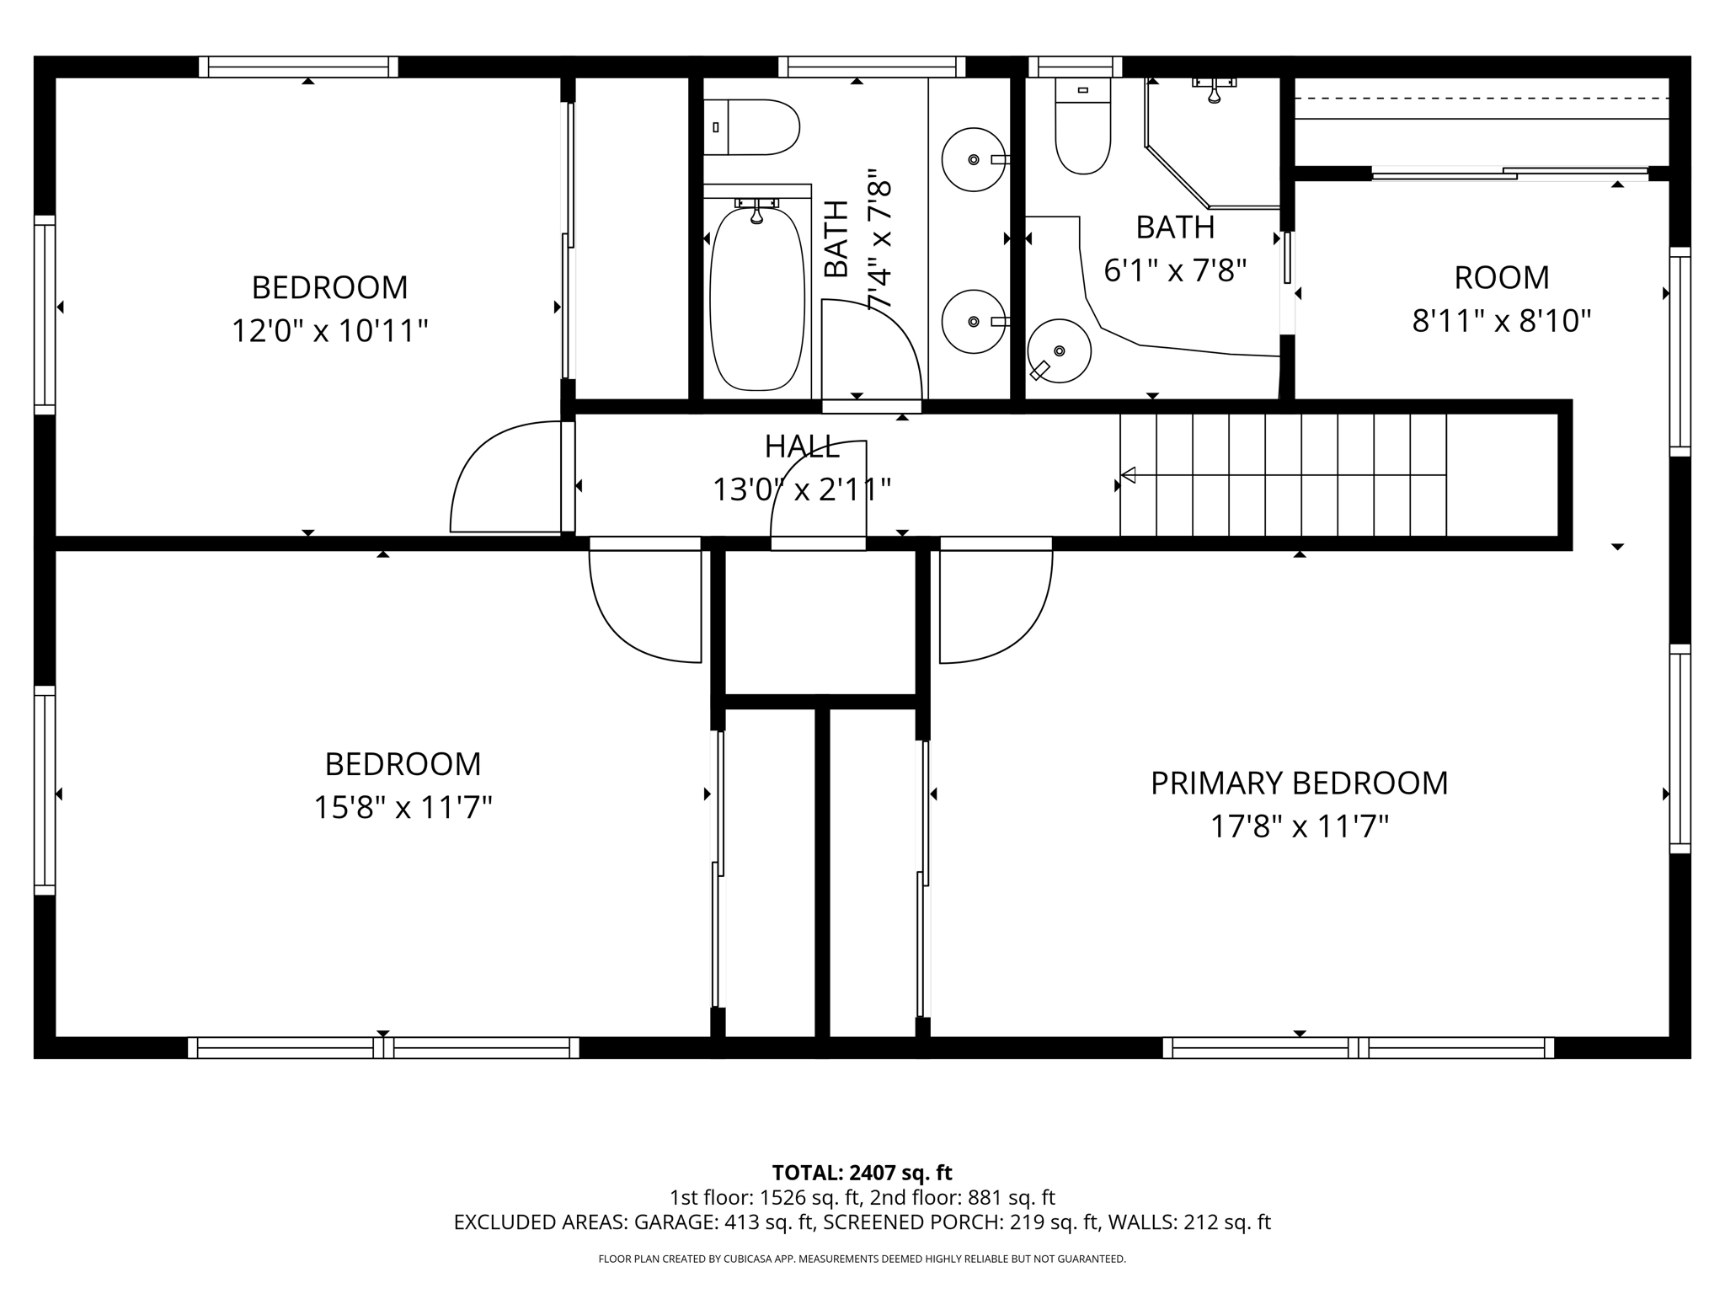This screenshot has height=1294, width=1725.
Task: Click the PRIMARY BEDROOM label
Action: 1299,783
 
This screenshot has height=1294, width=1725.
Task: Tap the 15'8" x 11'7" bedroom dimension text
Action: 403,808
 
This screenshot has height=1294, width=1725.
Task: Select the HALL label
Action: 802,447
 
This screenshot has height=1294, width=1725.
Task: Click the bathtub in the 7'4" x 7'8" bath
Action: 756,299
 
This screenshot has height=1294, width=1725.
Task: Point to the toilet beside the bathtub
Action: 751,127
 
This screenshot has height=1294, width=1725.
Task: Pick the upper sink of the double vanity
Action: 973,159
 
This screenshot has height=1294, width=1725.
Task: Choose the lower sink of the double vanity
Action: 973,321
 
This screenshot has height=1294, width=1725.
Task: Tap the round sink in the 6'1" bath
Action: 1059,350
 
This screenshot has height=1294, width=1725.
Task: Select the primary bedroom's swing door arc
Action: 996,607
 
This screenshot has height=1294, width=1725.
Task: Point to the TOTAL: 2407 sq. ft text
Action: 862,1173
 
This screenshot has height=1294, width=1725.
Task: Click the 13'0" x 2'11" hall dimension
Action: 802,489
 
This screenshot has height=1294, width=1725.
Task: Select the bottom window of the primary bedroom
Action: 1358,1047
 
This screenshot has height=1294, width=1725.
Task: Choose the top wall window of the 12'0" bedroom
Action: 298,67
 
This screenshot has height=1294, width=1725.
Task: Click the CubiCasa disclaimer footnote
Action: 862,1259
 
